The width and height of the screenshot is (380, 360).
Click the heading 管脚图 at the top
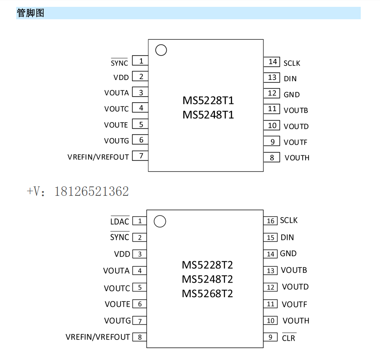[x=30, y=13]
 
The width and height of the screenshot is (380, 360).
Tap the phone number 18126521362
[x=91, y=192]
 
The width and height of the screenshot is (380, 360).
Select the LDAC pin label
[x=120, y=221]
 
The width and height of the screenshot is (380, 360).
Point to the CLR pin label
[x=289, y=338]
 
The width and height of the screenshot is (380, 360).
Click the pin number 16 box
[x=270, y=221]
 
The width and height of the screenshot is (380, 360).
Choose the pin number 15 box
[x=270, y=238]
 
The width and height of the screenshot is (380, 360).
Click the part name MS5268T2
[x=207, y=294]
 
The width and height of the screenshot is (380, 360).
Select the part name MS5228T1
[x=208, y=100]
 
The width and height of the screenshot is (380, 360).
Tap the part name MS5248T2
[x=207, y=279]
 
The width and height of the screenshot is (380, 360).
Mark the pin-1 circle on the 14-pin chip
[x=161, y=50]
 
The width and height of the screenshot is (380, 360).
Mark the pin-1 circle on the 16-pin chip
[x=159, y=221]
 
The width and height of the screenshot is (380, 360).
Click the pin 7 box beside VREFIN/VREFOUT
[x=140, y=156]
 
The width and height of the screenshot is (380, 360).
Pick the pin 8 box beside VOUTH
[x=271, y=158]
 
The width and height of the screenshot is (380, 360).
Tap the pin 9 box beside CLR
[x=270, y=337]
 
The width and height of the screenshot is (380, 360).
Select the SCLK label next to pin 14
[x=292, y=63]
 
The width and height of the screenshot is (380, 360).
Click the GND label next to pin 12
[x=292, y=94]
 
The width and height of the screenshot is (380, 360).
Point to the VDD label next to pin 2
[x=121, y=77]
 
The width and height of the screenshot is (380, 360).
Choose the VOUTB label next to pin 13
[x=294, y=270]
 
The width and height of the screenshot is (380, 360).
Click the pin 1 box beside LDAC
[x=139, y=221]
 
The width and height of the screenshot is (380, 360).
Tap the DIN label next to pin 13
[x=290, y=79]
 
